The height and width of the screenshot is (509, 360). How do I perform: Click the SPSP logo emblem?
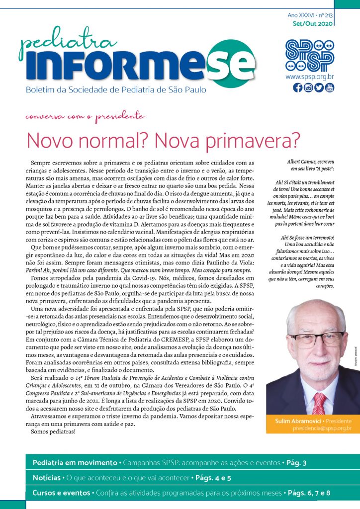coord(309,54)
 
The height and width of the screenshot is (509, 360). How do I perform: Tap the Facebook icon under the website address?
coord(297,88)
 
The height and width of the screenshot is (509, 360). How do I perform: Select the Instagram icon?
coord(308,88)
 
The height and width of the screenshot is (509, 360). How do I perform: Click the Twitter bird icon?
coord(319,88)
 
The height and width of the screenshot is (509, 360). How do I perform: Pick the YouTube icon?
coord(329,88)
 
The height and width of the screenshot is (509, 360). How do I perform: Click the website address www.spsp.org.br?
coord(309,77)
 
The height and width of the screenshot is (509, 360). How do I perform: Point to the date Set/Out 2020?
coord(313,23)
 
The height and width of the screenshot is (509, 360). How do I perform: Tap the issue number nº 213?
coord(325,15)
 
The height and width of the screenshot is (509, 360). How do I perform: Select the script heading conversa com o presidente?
coord(85,117)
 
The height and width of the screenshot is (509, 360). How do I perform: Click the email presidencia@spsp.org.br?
coord(322,428)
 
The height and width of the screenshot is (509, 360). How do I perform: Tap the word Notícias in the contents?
coord(46,478)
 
